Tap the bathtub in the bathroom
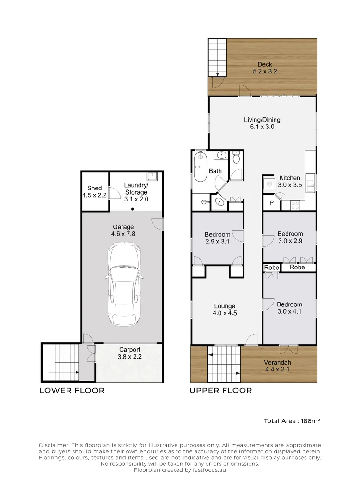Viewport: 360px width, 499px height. click(201, 168)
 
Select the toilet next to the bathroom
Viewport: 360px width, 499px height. click(237, 158)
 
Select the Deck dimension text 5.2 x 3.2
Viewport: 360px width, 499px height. click(265, 72)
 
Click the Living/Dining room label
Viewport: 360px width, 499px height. click(262, 120)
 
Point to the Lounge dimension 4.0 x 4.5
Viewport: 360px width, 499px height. click(225, 313)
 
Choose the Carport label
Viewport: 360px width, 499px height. click(130, 350)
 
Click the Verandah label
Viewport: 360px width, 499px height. click(277, 362)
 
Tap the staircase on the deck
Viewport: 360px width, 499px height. click(218, 58)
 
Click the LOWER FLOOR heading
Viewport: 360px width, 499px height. click(72, 390)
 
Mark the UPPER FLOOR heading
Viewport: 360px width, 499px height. click(220, 390)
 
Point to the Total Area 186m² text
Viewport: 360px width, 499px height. click(292, 421)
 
